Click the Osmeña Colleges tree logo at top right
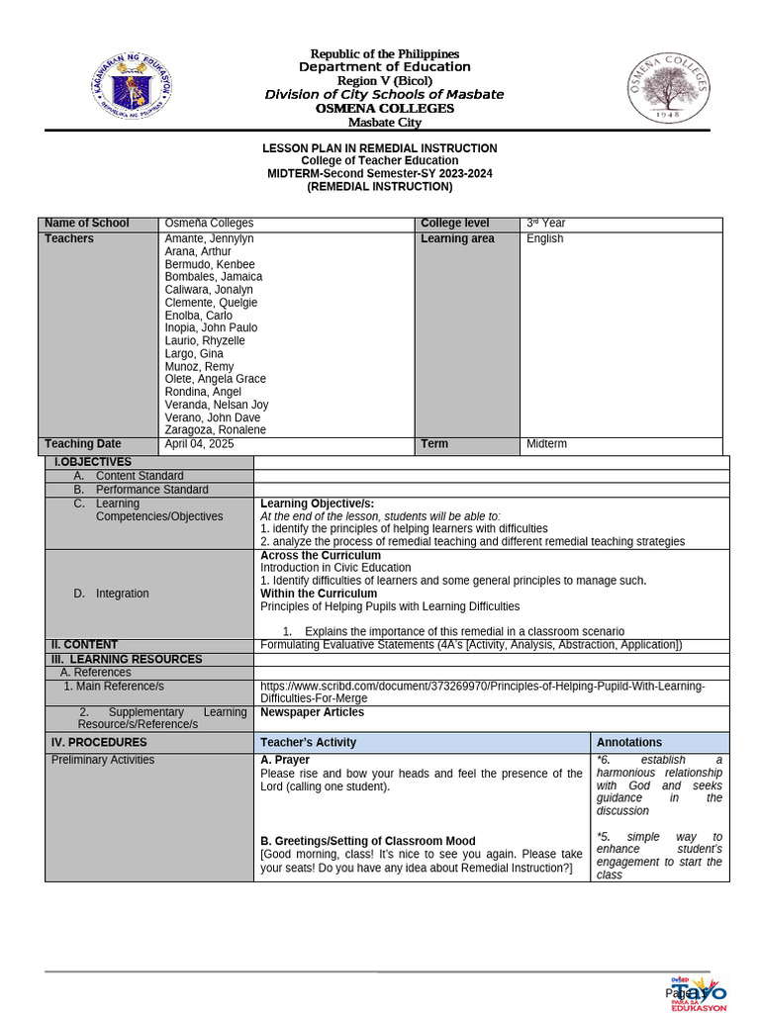[670, 88]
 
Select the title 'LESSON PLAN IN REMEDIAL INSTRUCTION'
[379, 148]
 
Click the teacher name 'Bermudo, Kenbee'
[210, 265]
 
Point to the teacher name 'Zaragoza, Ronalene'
[215, 430]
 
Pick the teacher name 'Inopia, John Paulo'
[211, 328]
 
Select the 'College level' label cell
[455, 224]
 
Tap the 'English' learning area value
[545, 239]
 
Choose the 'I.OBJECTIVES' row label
[92, 462]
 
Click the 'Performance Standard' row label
[151, 490]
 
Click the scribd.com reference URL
[482, 692]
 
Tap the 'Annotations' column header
[629, 742]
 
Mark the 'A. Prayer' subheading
[285, 760]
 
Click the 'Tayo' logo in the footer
[701, 992]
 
